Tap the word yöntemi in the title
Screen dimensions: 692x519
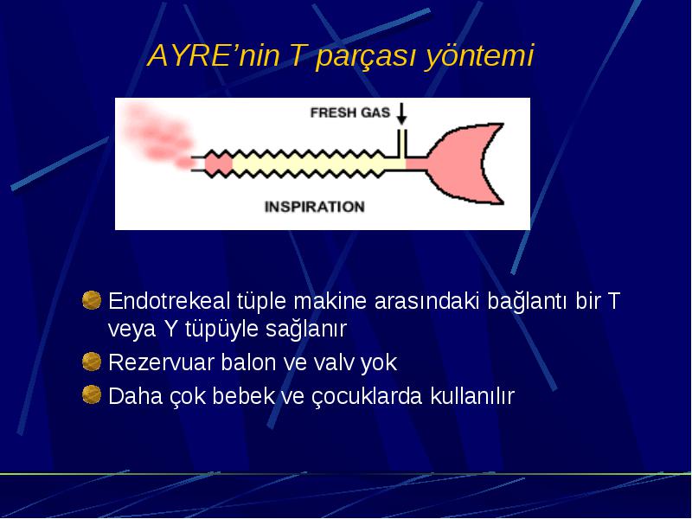point(479,56)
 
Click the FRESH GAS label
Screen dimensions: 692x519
point(350,112)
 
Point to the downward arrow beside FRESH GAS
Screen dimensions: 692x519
point(401,114)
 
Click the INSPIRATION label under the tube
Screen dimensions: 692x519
point(314,207)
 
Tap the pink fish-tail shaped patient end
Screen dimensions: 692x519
point(464,164)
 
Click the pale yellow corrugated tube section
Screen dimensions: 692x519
point(309,163)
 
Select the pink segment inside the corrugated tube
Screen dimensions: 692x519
point(218,163)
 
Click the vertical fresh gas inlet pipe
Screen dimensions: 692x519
point(401,144)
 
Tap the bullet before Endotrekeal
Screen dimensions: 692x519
point(92,300)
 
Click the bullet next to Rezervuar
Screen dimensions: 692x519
point(92,362)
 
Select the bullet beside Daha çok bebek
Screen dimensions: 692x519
point(92,394)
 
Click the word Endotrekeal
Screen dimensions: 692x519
point(170,301)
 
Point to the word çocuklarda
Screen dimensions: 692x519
point(367,396)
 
